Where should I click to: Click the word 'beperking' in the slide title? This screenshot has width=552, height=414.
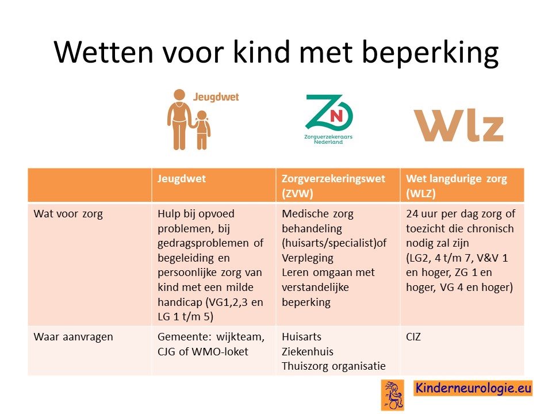(x=430, y=52)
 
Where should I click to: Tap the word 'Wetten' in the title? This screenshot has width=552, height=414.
(x=103, y=52)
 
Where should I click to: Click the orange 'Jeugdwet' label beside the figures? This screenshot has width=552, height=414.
(x=216, y=97)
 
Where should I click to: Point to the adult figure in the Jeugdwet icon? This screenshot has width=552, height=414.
(x=179, y=120)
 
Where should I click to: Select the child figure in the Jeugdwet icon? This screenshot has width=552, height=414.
(x=202, y=131)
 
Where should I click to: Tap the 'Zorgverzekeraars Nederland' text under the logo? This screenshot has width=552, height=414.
(x=328, y=139)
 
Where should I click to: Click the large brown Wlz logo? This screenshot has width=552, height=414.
(x=458, y=125)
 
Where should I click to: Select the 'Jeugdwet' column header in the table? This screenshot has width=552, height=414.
(x=182, y=178)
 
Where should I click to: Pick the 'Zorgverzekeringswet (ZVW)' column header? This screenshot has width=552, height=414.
(x=333, y=186)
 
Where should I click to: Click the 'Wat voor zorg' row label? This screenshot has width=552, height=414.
(x=68, y=214)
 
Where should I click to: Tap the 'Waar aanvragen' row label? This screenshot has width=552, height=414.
(x=73, y=338)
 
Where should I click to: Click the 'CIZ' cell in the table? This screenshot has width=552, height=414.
(x=413, y=337)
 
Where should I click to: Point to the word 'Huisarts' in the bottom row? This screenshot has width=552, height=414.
(x=302, y=337)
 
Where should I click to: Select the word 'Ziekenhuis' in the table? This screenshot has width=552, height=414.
(x=308, y=352)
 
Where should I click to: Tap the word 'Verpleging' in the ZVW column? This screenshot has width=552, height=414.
(x=308, y=258)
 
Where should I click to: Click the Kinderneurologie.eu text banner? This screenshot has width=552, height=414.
(x=473, y=388)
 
